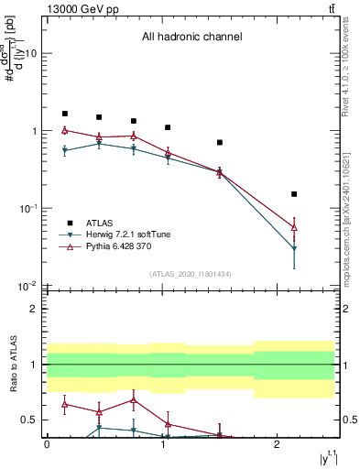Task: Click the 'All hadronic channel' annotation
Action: pyautogui.click(x=191, y=38)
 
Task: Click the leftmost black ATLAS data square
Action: pyautogui.click(x=65, y=114)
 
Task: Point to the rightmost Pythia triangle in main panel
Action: pyautogui.click(x=294, y=226)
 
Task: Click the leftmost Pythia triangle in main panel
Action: pyautogui.click(x=65, y=130)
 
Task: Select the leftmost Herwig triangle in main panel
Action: pyautogui.click(x=65, y=151)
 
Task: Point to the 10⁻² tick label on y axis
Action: pyautogui.click(x=27, y=287)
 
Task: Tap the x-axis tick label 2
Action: pyautogui.click(x=277, y=443)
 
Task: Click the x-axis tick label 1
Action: pyautogui.click(x=162, y=443)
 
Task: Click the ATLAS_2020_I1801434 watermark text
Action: pyautogui.click(x=191, y=274)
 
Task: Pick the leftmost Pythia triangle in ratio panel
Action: pyautogui.click(x=65, y=404)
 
